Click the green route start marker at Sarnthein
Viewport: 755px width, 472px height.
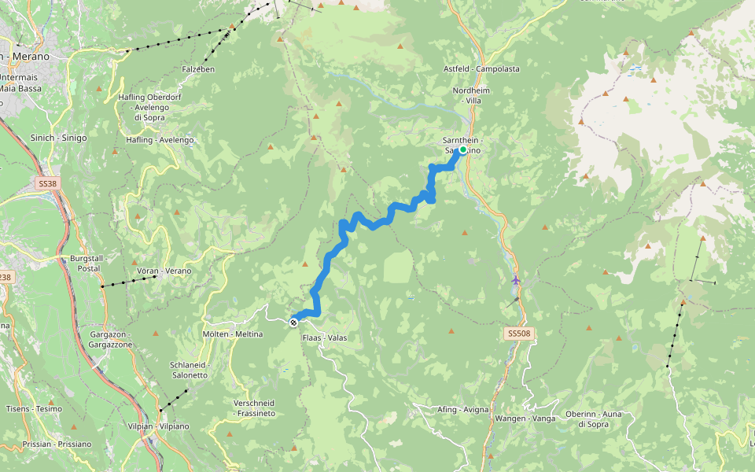pyautogui.click(x=463, y=149)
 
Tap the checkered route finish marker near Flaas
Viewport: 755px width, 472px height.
pyautogui.click(x=293, y=322)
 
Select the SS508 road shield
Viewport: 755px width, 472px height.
pyautogui.click(x=519, y=334)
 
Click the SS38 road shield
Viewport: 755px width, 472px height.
pyautogui.click(x=47, y=183)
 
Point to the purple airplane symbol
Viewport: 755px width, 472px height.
pyautogui.click(x=515, y=280)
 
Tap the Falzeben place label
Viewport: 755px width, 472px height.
pyautogui.click(x=198, y=69)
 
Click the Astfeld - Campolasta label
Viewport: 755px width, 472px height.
pyautogui.click(x=481, y=69)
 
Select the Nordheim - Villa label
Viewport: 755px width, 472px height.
pyautogui.click(x=472, y=96)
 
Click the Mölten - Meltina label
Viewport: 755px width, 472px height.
pyautogui.click(x=233, y=334)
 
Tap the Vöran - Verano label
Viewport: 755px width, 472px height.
pyautogui.click(x=164, y=271)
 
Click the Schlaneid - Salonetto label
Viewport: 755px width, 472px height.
pyautogui.click(x=189, y=370)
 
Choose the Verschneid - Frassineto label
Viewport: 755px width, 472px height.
pyautogui.click(x=254, y=407)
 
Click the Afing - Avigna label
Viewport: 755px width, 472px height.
pyautogui.click(x=463, y=409)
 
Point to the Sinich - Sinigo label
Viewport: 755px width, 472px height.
pyautogui.click(x=58, y=138)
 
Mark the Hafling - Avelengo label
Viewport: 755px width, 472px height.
pyautogui.click(x=160, y=140)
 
